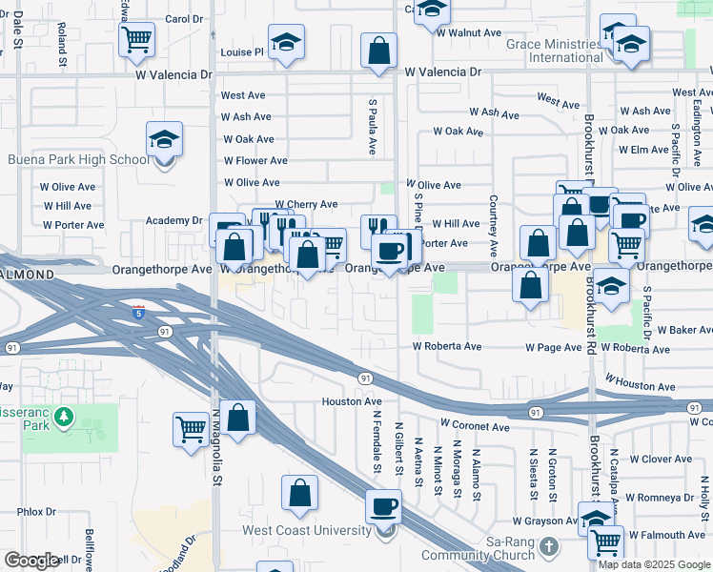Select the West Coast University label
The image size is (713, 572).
pyautogui.click(x=293, y=531)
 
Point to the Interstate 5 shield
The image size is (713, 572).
pyautogui.click(x=139, y=312)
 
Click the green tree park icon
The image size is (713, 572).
pyautogui.click(x=64, y=417)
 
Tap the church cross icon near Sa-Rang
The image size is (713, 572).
pyautogui.click(x=548, y=546)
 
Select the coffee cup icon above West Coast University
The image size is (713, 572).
pyautogui.click(x=383, y=505)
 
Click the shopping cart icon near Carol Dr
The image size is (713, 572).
pyautogui.click(x=136, y=39)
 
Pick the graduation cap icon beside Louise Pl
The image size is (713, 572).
pyautogui.click(x=285, y=42)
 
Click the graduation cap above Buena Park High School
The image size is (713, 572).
pyautogui.click(x=164, y=139)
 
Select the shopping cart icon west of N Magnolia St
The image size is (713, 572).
pyautogui.click(x=191, y=429)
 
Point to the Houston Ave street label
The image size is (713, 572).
pyautogui.click(x=351, y=402)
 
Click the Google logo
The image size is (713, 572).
pyautogui.click(x=31, y=561)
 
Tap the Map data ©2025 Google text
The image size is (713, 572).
pyautogui.click(x=654, y=564)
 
